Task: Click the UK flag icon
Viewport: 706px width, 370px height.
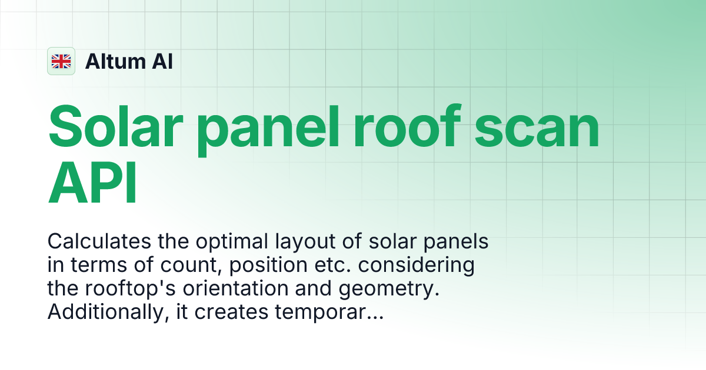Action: (61, 61)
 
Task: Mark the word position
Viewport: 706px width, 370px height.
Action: (268, 265)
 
